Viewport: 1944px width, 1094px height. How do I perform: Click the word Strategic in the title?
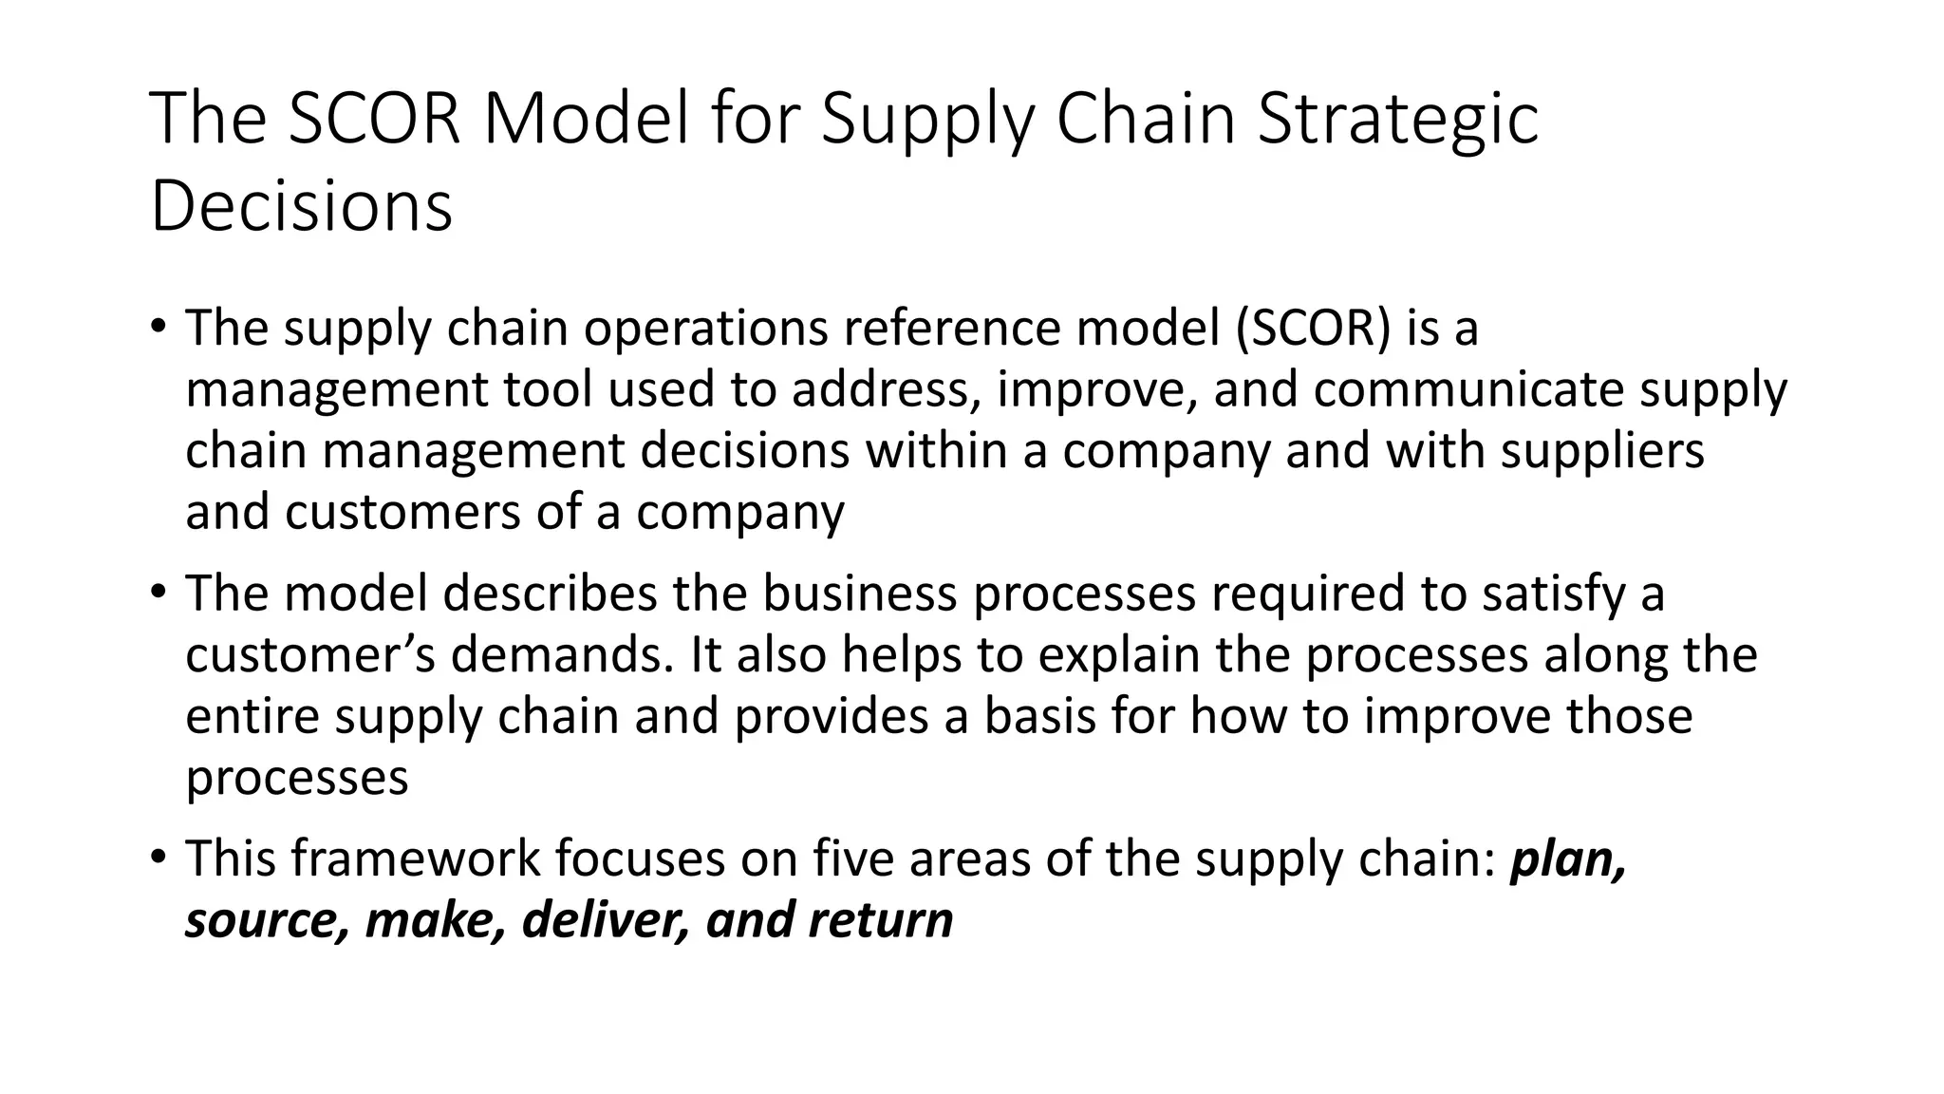[x=1397, y=121]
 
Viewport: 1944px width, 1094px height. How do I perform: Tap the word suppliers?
[x=1602, y=452]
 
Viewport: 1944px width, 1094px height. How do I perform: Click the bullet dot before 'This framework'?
[x=158, y=858]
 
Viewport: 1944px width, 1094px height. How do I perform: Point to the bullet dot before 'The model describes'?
[x=158, y=593]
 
